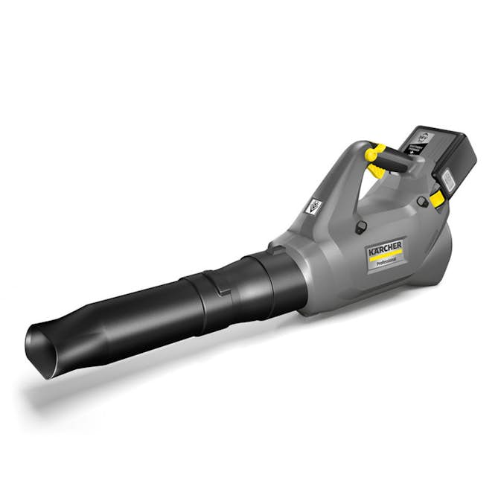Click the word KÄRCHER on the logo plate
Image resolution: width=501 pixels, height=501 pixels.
click(384, 246)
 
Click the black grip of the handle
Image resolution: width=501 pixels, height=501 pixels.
click(395, 163)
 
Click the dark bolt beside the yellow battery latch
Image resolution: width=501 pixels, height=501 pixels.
click(423, 201)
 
